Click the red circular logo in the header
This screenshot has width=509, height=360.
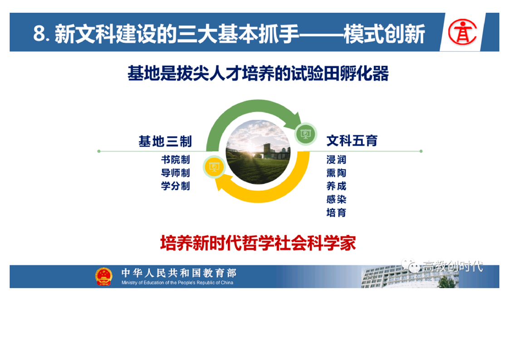pyautogui.click(x=463, y=32)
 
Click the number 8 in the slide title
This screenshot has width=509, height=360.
pyautogui.click(x=39, y=34)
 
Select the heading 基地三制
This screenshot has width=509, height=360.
pyautogui.click(x=165, y=141)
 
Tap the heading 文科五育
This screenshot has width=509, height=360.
pyautogui.click(x=352, y=141)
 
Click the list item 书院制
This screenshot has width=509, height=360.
pyautogui.click(x=175, y=159)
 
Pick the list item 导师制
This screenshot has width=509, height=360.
pyautogui.click(x=175, y=173)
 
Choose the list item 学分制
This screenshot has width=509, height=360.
pyautogui.click(x=175, y=186)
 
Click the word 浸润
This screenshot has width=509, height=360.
pyautogui.click(x=336, y=159)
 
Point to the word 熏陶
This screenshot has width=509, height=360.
pyautogui.click(x=336, y=173)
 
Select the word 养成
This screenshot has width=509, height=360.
pyautogui.click(x=336, y=186)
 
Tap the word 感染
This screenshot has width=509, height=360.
pyautogui.click(x=336, y=199)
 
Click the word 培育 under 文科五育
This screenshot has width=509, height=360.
pyautogui.click(x=336, y=212)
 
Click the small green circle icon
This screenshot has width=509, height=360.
pyautogui.click(x=305, y=134)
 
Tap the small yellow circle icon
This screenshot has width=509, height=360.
pyautogui.click(x=214, y=167)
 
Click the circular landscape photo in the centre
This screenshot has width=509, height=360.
pyautogui.click(x=258, y=152)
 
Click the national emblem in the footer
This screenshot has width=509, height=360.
pyautogui.click(x=103, y=276)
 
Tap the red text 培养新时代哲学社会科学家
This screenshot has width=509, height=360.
pyautogui.click(x=258, y=243)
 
